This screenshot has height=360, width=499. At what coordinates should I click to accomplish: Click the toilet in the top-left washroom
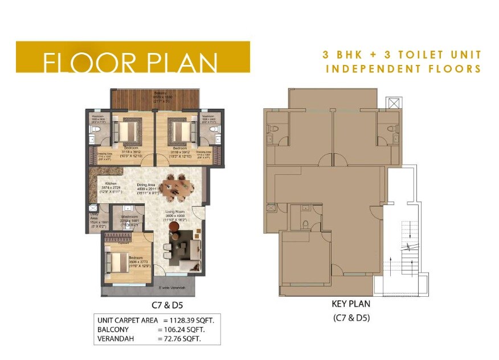point(96,130)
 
